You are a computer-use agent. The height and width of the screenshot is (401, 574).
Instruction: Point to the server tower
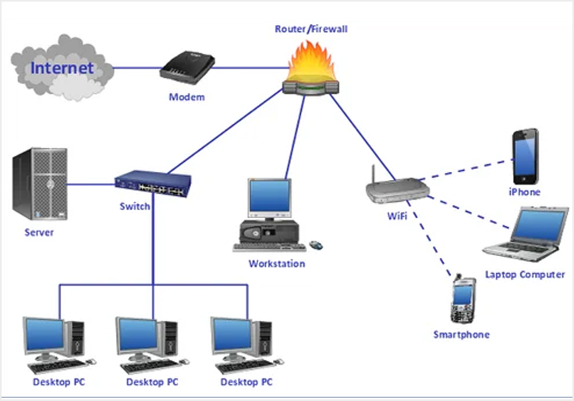pyautogui.click(x=39, y=185)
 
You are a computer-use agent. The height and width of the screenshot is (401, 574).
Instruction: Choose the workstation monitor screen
pyautogui.click(x=269, y=198)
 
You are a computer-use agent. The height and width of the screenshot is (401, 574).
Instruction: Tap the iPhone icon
pyautogui.click(x=524, y=156)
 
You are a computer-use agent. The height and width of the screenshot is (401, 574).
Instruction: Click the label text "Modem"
pyautogui.click(x=187, y=97)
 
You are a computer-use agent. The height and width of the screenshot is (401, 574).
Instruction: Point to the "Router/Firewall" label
pyautogui.click(x=311, y=29)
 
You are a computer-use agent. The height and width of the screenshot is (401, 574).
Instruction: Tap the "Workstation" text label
pyautogui.click(x=276, y=263)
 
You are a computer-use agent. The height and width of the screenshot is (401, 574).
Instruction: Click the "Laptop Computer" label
pyautogui.click(x=525, y=274)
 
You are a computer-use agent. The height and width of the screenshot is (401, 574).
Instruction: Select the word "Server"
pyautogui.click(x=39, y=233)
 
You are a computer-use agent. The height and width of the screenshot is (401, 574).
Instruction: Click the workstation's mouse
pyautogui.click(x=317, y=245)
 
